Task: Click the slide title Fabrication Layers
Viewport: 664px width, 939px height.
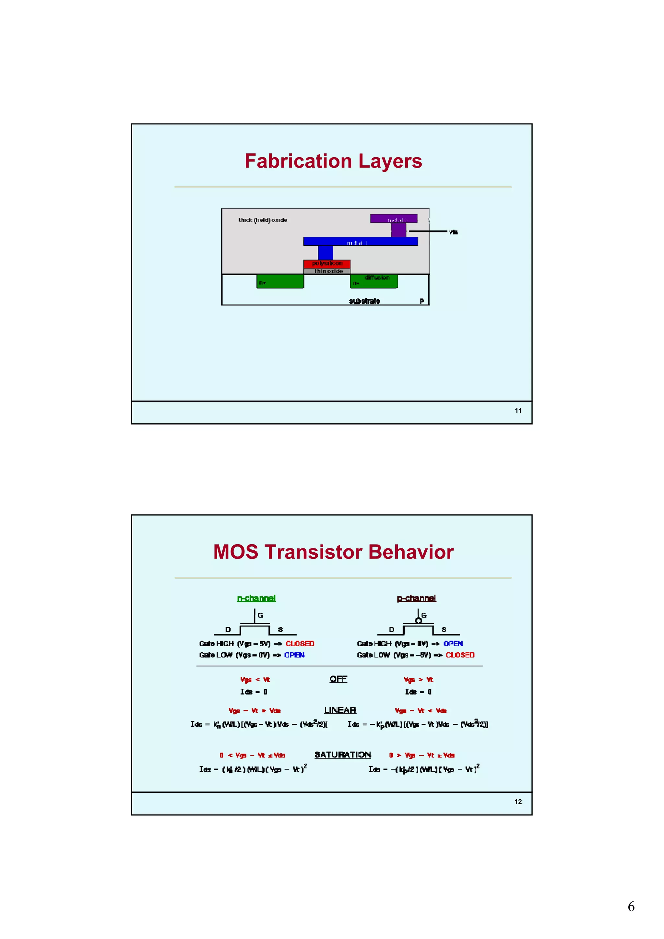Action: (x=333, y=161)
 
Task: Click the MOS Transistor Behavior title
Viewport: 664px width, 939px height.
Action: (x=333, y=552)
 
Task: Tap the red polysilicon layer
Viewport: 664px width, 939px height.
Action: (x=327, y=264)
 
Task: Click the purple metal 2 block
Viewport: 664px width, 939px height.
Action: (x=394, y=219)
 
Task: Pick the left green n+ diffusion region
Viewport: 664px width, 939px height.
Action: (x=280, y=281)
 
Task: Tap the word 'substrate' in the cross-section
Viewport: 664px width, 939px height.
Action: (x=364, y=301)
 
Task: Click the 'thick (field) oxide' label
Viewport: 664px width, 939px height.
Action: (x=263, y=220)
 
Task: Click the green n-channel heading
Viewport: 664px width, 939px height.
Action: (x=256, y=598)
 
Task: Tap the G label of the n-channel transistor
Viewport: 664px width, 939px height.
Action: (x=260, y=615)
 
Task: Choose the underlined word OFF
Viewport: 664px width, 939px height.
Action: (x=338, y=679)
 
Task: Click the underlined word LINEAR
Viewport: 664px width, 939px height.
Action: (x=340, y=710)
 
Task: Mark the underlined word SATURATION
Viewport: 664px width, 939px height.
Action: (x=342, y=755)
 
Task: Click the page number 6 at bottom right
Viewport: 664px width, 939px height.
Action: (x=631, y=907)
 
